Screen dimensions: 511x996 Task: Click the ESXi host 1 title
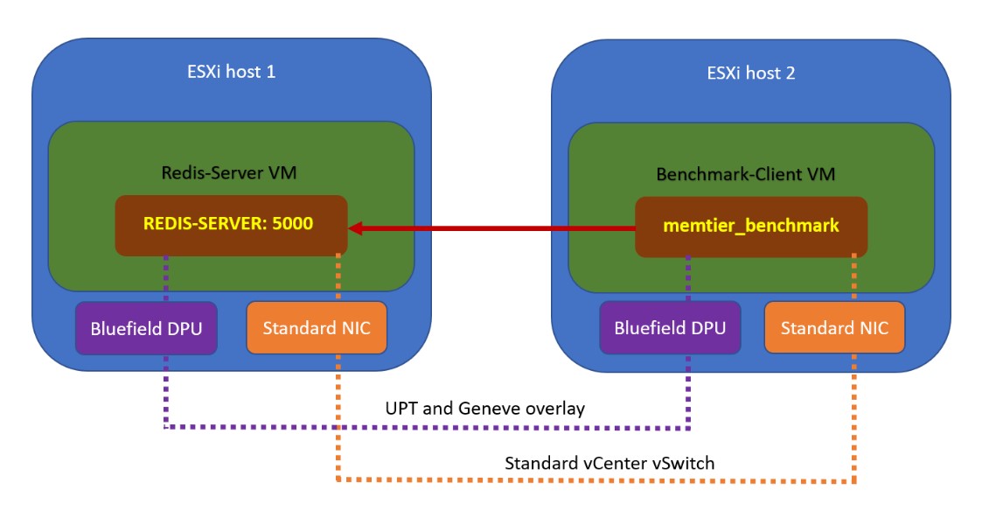tap(232, 72)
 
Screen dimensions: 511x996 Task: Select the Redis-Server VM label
tap(229, 172)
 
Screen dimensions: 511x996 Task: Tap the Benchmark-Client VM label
tap(745, 174)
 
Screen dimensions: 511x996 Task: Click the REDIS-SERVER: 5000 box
tap(231, 224)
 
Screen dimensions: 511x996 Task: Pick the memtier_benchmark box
tap(751, 226)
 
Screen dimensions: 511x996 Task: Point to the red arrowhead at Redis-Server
tap(357, 228)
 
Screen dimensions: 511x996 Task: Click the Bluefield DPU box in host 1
tap(145, 328)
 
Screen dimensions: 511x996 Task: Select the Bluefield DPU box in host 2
tap(669, 328)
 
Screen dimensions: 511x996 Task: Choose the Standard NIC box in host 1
tap(317, 328)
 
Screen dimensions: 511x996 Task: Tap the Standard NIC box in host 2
tap(834, 328)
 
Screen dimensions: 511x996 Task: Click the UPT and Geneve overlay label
tap(485, 409)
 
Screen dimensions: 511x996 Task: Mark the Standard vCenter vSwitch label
tap(609, 462)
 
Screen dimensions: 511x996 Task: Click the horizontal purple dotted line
tap(420, 428)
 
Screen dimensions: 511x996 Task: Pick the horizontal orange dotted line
tap(595, 480)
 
